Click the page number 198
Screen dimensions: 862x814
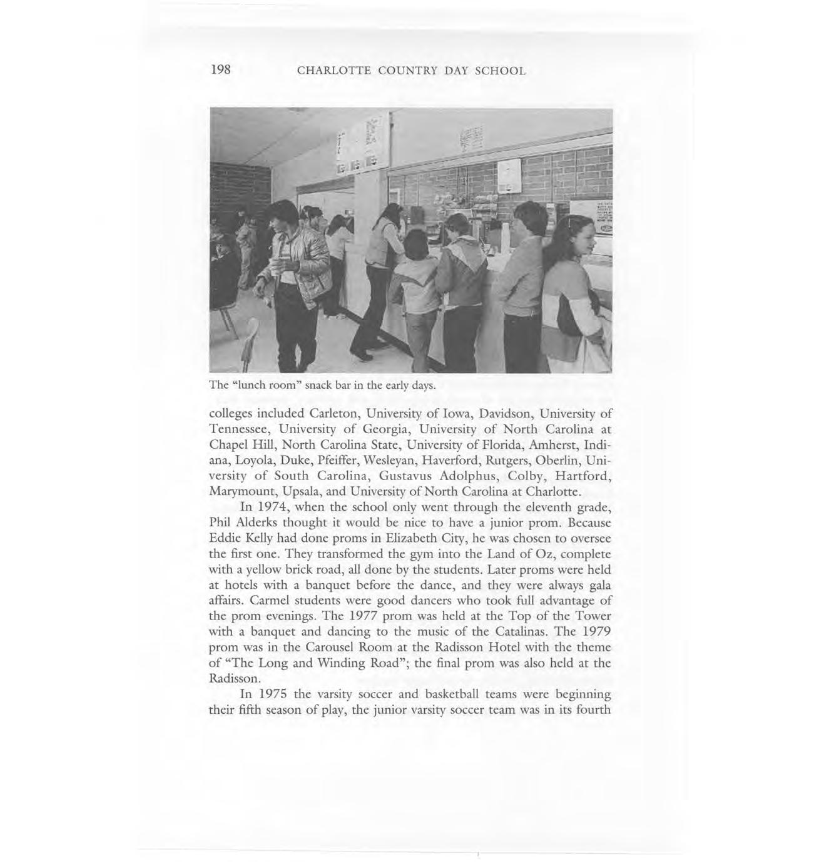(221, 69)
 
